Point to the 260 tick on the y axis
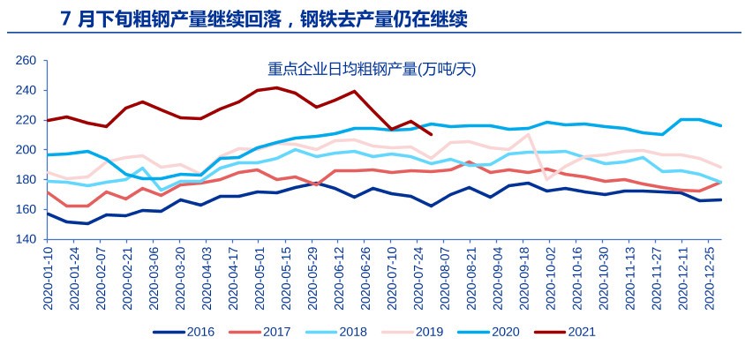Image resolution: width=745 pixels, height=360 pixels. click(x=26, y=61)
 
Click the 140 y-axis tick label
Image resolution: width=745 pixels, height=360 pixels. click(x=26, y=239)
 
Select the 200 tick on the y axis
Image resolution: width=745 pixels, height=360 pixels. click(x=26, y=150)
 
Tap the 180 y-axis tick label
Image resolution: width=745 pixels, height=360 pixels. click(x=26, y=180)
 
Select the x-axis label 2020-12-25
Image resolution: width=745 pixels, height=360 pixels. click(x=719, y=279)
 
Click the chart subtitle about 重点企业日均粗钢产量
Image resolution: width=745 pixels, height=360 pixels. click(x=372, y=68)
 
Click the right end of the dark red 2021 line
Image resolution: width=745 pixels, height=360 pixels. click(x=430, y=133)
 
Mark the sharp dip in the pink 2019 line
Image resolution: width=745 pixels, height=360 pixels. click(x=546, y=179)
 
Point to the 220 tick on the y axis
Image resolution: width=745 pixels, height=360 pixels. click(x=26, y=120)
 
